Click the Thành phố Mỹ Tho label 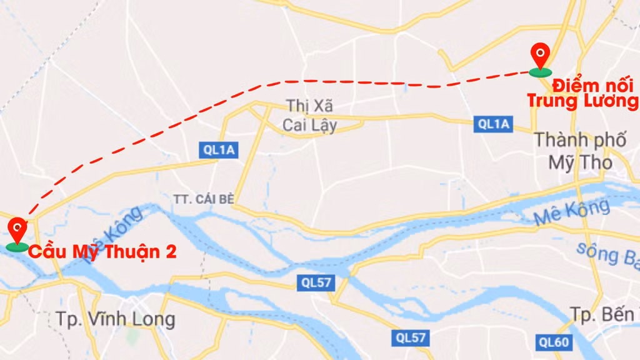click(580, 151)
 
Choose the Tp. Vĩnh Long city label click(116, 319)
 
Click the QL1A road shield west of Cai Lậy click(219, 149)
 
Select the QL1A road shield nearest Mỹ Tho click(493, 124)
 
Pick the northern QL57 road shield click(315, 283)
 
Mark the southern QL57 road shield click(411, 338)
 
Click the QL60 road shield click(553, 342)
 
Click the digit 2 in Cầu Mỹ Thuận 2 click(171, 252)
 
